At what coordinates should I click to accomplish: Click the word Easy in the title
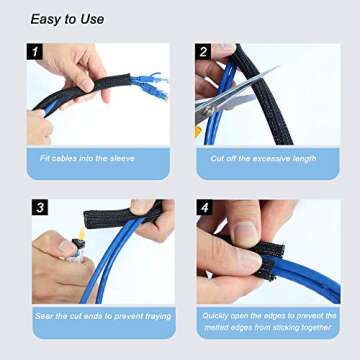pos(47,19)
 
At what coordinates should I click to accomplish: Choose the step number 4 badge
pos(204,209)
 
